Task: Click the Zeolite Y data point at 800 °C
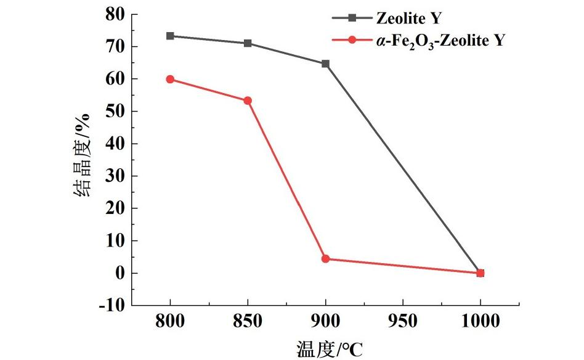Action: tap(170, 36)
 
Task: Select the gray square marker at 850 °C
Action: tap(248, 43)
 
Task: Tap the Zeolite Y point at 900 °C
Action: tap(325, 63)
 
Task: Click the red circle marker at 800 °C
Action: tap(170, 79)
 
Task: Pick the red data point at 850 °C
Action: tap(248, 100)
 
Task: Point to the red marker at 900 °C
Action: tap(325, 259)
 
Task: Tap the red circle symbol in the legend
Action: tap(352, 40)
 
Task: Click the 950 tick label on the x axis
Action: tap(403, 321)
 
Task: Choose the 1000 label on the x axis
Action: tap(481, 321)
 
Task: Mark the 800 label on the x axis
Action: tap(170, 321)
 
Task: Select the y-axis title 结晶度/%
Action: tap(83, 154)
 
